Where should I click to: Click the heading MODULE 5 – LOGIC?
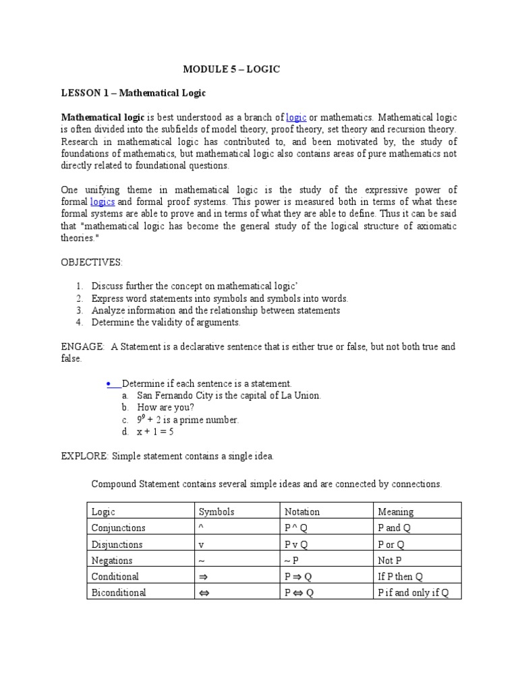(231, 69)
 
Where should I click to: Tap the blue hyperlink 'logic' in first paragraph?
(296, 117)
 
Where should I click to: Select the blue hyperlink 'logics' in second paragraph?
(103, 201)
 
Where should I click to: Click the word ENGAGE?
(82, 347)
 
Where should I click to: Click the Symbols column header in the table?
(216, 512)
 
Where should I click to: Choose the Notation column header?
(302, 512)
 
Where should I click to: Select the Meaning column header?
(396, 512)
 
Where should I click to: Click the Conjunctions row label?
(118, 528)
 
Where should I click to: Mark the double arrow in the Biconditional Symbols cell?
(204, 593)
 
